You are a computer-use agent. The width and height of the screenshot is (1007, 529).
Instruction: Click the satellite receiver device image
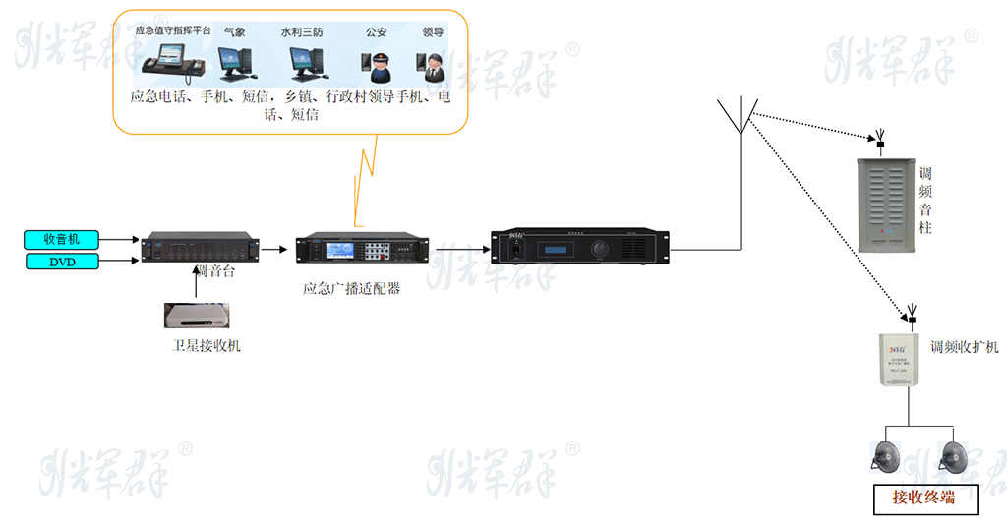click(x=200, y=315)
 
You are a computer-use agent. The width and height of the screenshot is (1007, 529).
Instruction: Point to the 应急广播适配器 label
click(x=351, y=289)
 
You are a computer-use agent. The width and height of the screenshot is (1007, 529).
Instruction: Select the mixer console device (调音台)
click(x=201, y=248)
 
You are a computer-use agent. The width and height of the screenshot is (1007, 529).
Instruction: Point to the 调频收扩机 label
click(x=965, y=347)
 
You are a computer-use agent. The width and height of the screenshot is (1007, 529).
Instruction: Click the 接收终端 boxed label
click(x=925, y=499)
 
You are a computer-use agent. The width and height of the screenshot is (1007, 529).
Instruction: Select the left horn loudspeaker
click(x=886, y=456)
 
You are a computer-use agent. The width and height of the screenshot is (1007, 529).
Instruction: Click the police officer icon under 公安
click(x=379, y=66)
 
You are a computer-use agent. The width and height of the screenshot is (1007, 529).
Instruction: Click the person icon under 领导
click(x=433, y=66)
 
